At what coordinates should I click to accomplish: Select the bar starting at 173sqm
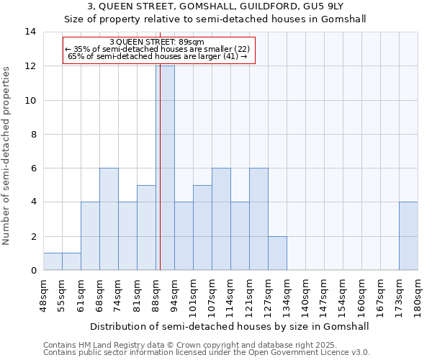pyautogui.click(x=408, y=236)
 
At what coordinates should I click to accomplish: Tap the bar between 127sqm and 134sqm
pyautogui.click(x=277, y=253)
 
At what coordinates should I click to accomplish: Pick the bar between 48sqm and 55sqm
pyautogui.click(x=53, y=261)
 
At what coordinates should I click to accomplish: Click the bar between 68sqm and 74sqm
pyautogui.click(x=109, y=219)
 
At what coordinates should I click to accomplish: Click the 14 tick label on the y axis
pyautogui.click(x=30, y=32)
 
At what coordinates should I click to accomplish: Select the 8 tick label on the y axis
pyautogui.click(x=33, y=135)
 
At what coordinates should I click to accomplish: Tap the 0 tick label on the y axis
pyautogui.click(x=33, y=271)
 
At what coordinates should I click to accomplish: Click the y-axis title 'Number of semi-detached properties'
pyautogui.click(x=7, y=156)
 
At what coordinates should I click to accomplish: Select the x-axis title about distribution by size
pyautogui.click(x=230, y=326)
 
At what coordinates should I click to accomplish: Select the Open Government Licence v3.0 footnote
pyautogui.click(x=206, y=353)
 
